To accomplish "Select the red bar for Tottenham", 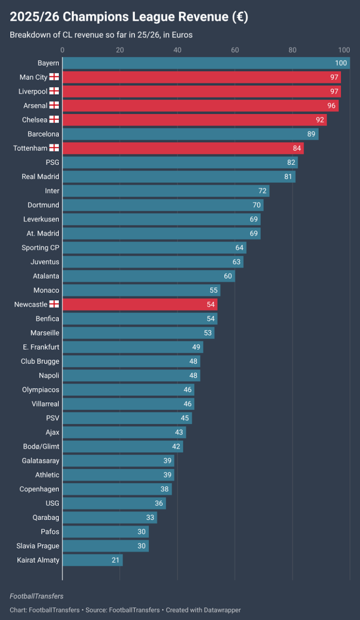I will pos(182,148).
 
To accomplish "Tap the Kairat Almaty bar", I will pos(92,560).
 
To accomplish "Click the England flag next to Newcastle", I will pos(54,304).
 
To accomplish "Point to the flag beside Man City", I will pos(54,77).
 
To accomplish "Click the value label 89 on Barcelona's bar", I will pos(311,134).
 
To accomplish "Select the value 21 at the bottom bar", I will pos(115,560).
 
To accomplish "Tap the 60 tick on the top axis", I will pos(235,49).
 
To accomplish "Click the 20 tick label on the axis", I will pos(120,49).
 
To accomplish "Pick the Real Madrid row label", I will pos(40,177).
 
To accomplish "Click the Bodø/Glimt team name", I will pos(41,446).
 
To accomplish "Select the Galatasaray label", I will pos(40,461).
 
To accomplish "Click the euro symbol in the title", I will pos(239,17).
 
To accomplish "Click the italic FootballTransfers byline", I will pos(36,596).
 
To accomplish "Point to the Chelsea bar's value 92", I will pos(320,120).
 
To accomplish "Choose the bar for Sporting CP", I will pos(154,248).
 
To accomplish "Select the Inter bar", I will pos(166,191).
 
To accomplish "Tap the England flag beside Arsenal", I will pos(54,106).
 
